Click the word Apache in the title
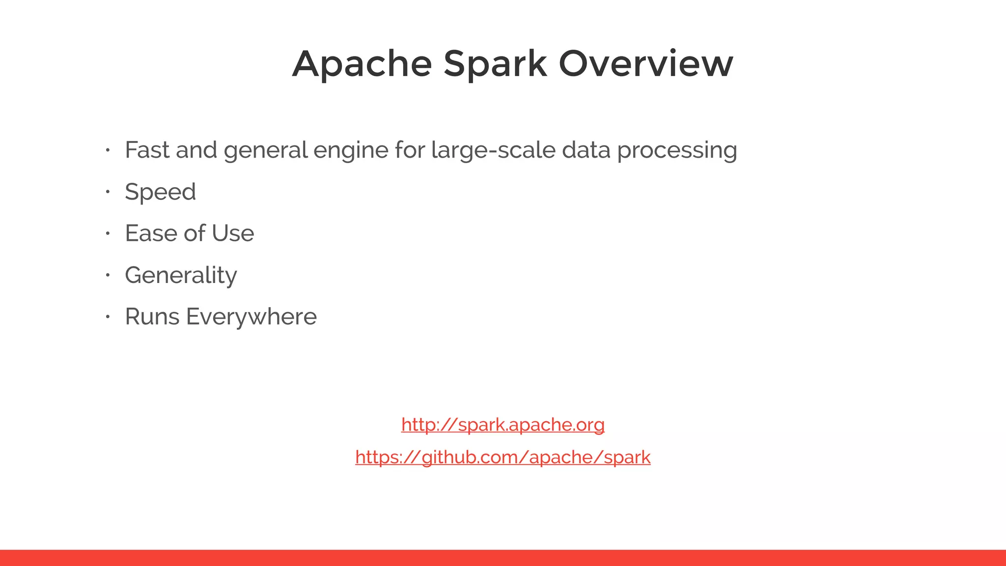click(362, 64)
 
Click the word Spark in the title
click(495, 64)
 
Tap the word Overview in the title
click(646, 64)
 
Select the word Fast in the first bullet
click(146, 150)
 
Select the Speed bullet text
click(160, 192)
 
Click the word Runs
click(152, 317)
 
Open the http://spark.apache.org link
click(503, 424)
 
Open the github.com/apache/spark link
click(503, 457)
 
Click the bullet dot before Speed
click(107, 192)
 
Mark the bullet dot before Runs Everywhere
click(107, 317)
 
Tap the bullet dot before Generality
click(107, 275)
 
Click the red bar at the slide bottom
click(503, 558)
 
